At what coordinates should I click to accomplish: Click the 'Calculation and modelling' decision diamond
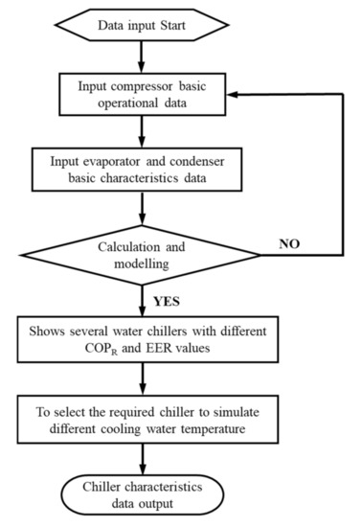141,253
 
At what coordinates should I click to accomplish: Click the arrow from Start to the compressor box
141,50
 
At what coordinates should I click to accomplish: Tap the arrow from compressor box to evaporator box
141,127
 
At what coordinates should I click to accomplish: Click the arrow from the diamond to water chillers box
141,299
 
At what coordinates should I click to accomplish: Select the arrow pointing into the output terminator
141,455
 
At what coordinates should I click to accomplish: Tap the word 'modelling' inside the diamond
143,262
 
